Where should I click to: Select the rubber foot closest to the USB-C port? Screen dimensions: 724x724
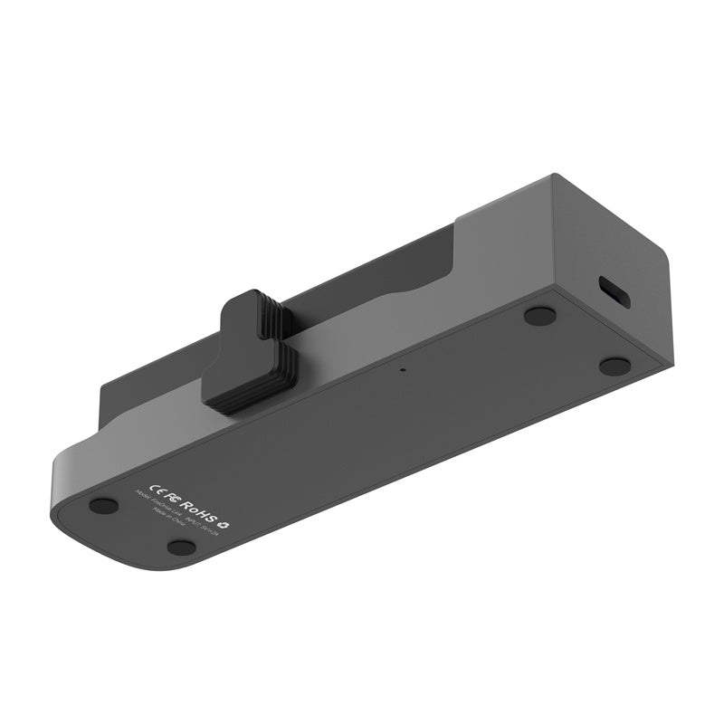(614, 366)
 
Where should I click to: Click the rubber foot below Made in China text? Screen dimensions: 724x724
(181, 547)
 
